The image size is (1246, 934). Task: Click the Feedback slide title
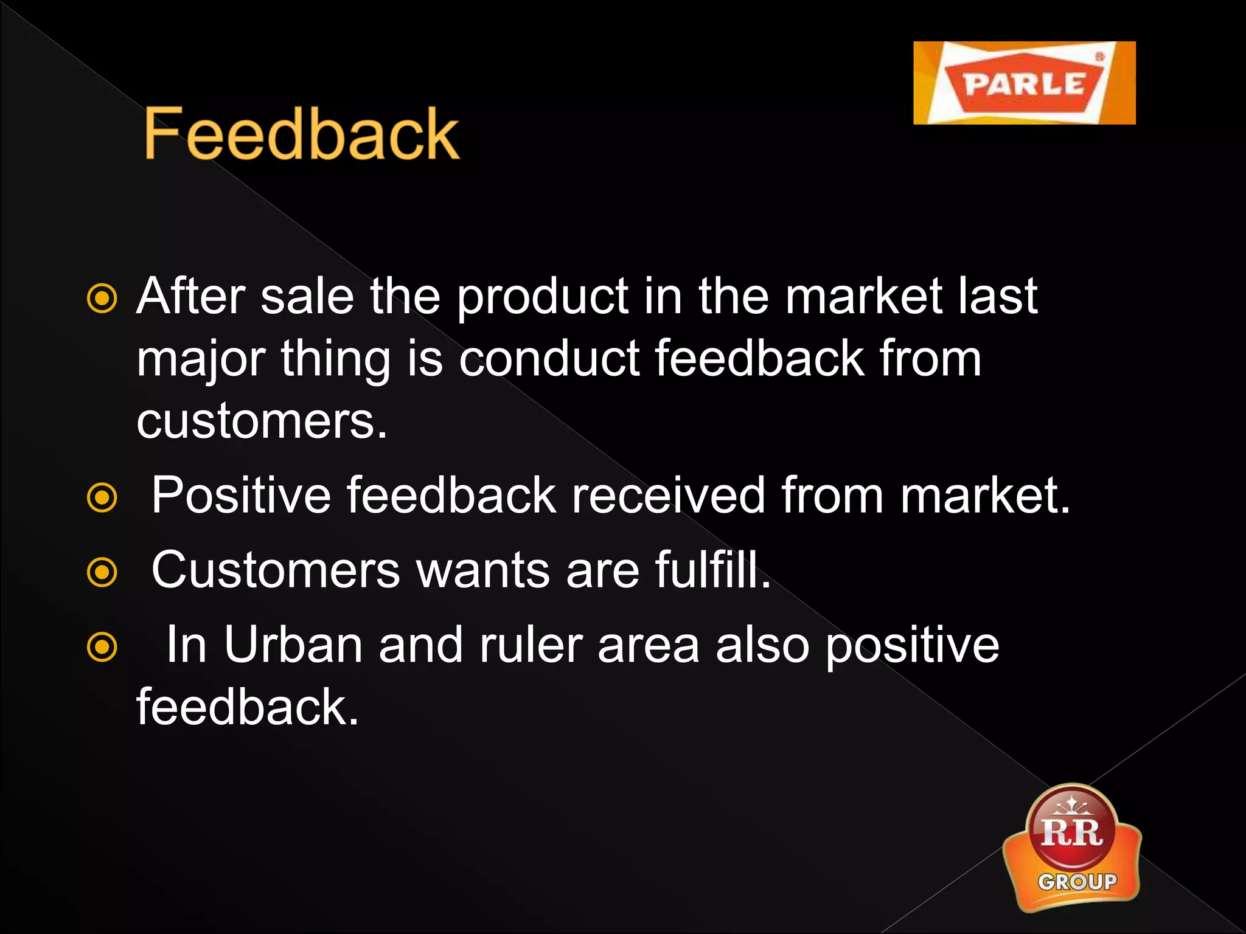(301, 134)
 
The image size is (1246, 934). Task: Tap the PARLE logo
(1024, 83)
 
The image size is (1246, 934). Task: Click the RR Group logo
(1072, 848)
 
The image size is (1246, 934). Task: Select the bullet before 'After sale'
(102, 299)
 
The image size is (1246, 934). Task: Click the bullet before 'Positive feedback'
(102, 498)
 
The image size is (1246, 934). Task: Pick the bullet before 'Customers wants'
(102, 572)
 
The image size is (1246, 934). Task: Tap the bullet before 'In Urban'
(102, 647)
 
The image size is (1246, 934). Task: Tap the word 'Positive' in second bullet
(241, 496)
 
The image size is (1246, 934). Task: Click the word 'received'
(667, 496)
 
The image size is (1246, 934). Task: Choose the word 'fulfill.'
(712, 570)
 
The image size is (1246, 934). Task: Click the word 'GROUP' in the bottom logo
(1077, 882)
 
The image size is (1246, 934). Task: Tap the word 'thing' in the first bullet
(335, 360)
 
